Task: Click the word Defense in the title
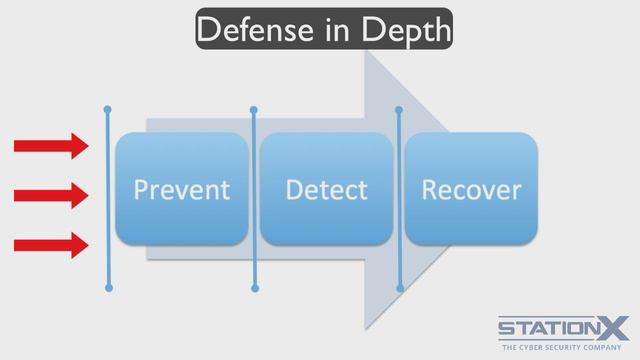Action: [x=255, y=29]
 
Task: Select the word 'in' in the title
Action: [x=338, y=29]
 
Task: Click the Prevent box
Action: [x=182, y=189]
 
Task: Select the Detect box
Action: [x=326, y=189]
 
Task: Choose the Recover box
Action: [x=471, y=189]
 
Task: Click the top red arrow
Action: [x=51, y=146]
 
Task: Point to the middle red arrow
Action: [x=51, y=196]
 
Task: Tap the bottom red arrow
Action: [x=51, y=245]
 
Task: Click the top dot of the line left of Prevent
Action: [x=108, y=109]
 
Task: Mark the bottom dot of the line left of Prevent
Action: [x=109, y=288]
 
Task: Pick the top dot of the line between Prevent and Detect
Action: [x=253, y=110]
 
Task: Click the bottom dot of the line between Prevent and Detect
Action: [x=255, y=289]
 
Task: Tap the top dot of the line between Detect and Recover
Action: [x=399, y=110]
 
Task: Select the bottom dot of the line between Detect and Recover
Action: [x=400, y=289]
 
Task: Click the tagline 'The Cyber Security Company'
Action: [x=562, y=347]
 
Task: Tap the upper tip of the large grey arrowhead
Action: [x=365, y=50]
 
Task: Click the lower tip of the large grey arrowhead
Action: [x=366, y=329]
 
